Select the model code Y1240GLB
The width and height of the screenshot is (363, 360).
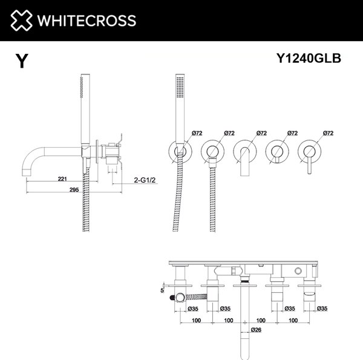pos(309,58)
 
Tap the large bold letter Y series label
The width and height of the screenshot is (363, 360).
pos(22,61)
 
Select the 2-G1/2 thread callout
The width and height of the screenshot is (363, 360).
pos(145,180)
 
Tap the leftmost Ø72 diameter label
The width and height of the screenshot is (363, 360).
pos(179,133)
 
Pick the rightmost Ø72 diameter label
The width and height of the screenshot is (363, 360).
pos(329,133)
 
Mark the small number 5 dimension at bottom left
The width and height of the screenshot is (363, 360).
pos(162,290)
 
